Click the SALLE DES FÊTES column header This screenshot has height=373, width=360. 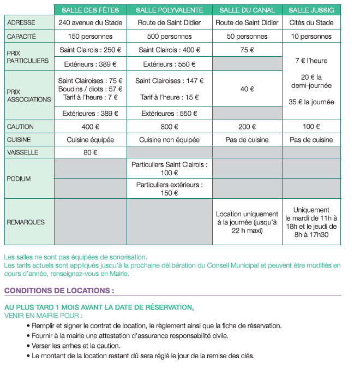pos(91,10)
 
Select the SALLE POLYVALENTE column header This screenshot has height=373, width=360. pos(170,10)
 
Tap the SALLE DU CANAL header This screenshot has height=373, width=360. pos(247,10)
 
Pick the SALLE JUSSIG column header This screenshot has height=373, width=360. pos(311,10)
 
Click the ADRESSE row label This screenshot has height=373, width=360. pos(21,23)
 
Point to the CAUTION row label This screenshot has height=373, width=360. pos(21,127)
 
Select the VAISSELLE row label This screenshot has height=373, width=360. pos(23,152)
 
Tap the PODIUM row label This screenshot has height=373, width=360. pos(19,179)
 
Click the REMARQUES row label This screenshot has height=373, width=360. pos(26,222)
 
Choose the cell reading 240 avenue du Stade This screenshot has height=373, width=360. pos(91,23)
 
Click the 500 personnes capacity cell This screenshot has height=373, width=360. pos(170,37)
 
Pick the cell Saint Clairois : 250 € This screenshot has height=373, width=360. pos(91,50)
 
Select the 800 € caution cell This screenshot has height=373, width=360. pos(170,127)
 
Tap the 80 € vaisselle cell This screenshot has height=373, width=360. pos(91,152)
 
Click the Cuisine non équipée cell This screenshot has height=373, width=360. pos(170,140)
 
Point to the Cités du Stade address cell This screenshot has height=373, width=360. pos(311,23)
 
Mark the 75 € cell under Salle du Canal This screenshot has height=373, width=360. pos(247,50)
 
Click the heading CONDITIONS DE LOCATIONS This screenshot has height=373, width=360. pos(59,291)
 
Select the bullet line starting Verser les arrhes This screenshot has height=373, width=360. pos(76,346)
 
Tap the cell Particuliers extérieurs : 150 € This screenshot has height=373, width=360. pos(170,189)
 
